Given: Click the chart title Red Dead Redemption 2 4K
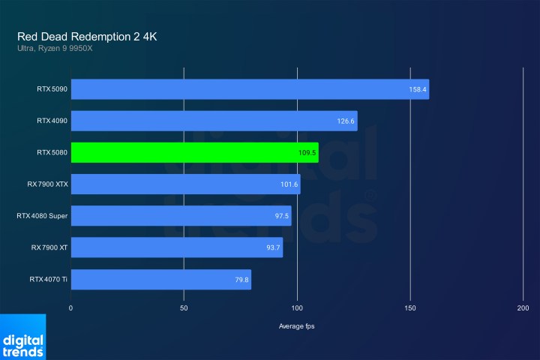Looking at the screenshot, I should point(87,37).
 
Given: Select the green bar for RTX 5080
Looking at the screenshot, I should point(194,152).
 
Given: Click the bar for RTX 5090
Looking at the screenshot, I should point(250,89).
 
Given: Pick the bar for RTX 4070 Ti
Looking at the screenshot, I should point(160,280).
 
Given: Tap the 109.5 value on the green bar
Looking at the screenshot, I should point(307,153).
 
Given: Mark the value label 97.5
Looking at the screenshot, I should point(281,216).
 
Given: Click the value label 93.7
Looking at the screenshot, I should point(272,248).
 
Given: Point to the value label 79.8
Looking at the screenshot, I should point(241,280).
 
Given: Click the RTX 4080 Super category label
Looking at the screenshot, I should point(42,216).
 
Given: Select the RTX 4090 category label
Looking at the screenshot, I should point(52,121).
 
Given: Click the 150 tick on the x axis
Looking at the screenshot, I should point(410,308).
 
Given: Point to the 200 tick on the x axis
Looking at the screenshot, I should point(523,308).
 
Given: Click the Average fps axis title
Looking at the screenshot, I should point(297,327).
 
